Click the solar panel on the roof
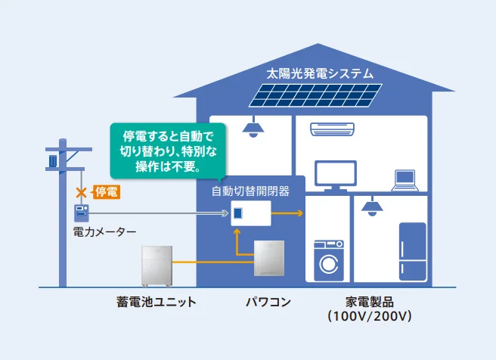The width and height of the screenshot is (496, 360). click(x=315, y=95)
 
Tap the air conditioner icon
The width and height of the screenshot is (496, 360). click(x=332, y=129)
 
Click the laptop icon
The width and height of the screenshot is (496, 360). click(x=405, y=181)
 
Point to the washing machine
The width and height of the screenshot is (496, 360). click(x=329, y=260)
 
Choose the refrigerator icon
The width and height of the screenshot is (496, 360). click(x=413, y=252)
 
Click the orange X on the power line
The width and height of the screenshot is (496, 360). click(x=82, y=192)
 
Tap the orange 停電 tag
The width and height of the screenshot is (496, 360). click(x=107, y=192)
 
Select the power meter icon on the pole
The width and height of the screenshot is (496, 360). click(x=82, y=213)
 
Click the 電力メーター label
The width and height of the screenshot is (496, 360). click(x=104, y=232)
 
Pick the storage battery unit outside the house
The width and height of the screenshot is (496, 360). click(x=157, y=266)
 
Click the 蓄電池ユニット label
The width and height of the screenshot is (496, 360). click(x=157, y=302)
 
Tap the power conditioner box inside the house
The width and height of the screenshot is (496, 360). click(x=269, y=258)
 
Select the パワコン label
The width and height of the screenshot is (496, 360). click(x=268, y=302)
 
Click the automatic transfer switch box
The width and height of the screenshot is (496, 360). click(x=251, y=213)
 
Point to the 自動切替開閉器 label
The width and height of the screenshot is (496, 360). click(x=250, y=191)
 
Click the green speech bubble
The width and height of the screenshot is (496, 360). click(x=168, y=151)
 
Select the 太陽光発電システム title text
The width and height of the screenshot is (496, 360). click(x=320, y=73)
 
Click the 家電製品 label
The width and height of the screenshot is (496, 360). click(x=370, y=302)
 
